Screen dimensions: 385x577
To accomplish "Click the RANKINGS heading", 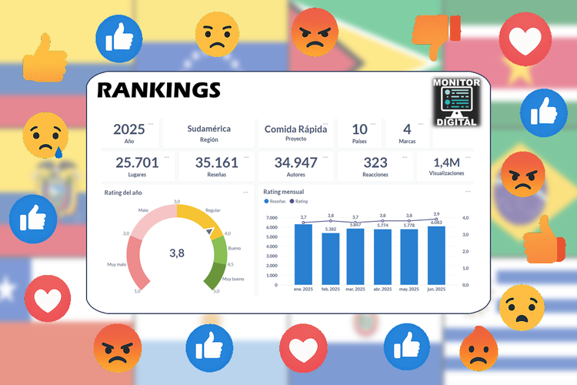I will (158, 90).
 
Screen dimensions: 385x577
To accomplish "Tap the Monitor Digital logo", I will (457, 102).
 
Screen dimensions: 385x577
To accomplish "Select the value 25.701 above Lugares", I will (137, 162).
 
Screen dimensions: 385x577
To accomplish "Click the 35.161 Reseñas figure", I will (217, 162).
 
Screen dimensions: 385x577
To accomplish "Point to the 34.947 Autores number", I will (296, 162).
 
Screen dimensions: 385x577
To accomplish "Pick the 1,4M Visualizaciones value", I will (446, 162).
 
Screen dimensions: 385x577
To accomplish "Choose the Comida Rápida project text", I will (295, 129).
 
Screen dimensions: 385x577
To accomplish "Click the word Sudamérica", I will (208, 129).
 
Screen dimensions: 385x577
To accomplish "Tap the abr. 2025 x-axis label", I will (382, 289).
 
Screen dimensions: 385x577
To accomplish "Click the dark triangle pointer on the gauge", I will (208, 229).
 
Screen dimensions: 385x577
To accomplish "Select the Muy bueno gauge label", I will (233, 279).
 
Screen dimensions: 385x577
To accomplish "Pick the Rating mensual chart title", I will (282, 192).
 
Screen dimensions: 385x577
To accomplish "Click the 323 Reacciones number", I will (375, 162).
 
